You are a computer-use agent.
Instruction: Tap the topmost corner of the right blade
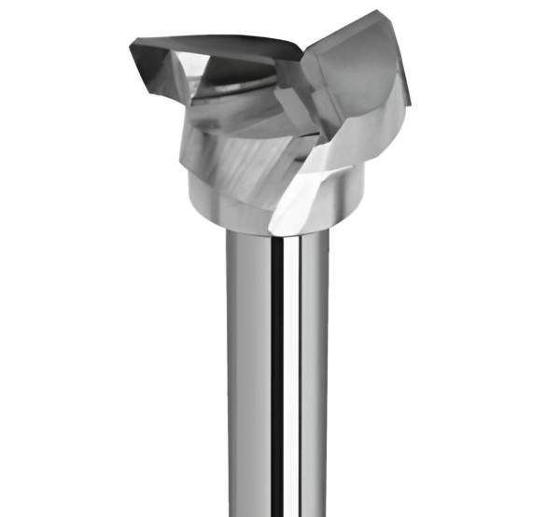[377, 12]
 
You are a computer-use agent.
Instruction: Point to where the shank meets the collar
[276, 233]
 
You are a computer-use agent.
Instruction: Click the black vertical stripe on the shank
[276, 373]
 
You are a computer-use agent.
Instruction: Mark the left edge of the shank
[227, 373]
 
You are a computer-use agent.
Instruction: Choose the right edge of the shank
[328, 373]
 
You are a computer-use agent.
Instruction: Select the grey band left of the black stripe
[250, 373]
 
